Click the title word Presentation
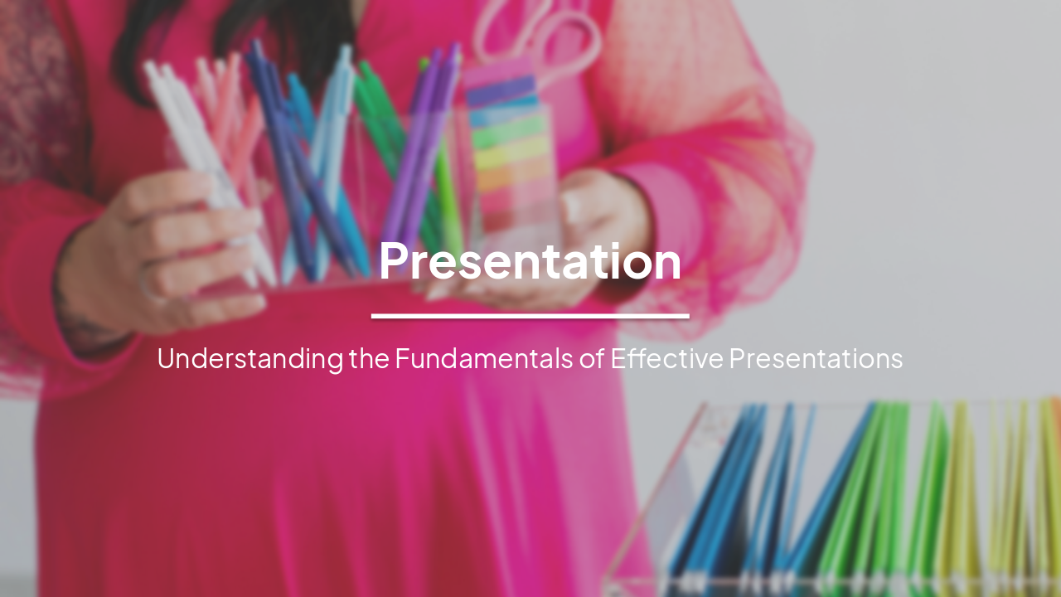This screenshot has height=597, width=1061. click(530, 261)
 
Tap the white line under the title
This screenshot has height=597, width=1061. click(530, 316)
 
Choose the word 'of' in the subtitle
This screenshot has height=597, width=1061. click(592, 358)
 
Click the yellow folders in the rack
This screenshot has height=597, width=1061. click(962, 489)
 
